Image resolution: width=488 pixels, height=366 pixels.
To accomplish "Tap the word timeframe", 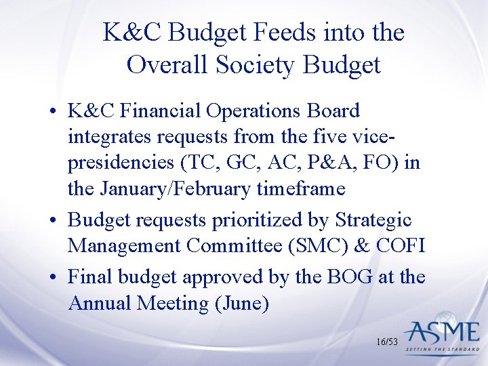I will [301, 189].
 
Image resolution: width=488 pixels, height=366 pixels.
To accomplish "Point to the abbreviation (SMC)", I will [314, 246].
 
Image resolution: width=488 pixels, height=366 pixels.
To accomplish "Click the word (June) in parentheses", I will [241, 304].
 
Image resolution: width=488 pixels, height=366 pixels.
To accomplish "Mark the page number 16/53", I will [386, 342].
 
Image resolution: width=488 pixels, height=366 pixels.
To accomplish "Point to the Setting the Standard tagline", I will [442, 350].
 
